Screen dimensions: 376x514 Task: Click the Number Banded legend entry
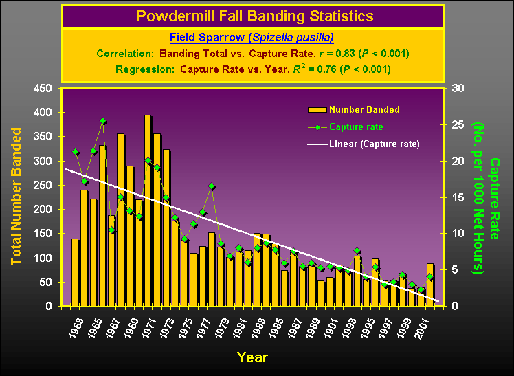364,109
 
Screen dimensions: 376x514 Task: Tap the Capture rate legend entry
356,126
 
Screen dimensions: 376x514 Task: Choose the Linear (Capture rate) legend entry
374,144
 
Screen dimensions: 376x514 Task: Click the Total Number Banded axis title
16,197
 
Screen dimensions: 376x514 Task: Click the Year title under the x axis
252,357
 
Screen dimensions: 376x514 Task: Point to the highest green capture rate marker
102,121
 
